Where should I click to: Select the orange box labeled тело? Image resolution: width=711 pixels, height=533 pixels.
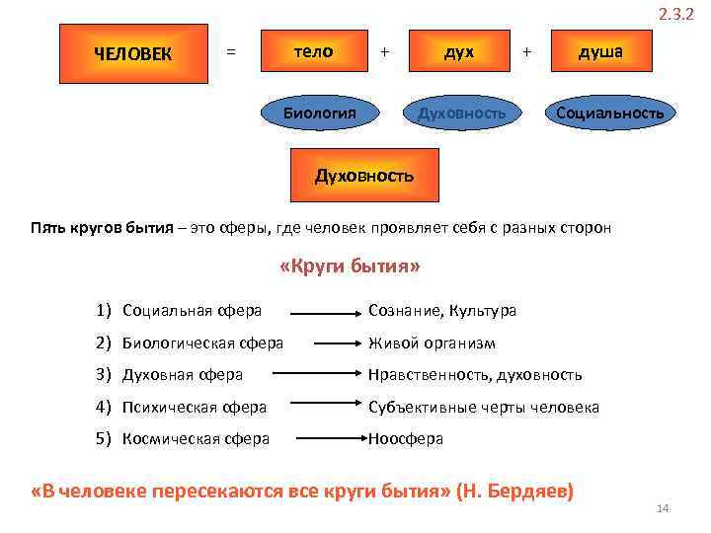click(x=315, y=51)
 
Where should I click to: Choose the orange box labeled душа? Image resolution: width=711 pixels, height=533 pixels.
click(x=600, y=51)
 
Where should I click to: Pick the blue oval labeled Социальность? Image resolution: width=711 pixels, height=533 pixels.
click(x=610, y=113)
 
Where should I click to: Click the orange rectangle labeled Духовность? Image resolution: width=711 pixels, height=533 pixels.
click(x=364, y=176)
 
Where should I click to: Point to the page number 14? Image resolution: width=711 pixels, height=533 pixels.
click(x=663, y=508)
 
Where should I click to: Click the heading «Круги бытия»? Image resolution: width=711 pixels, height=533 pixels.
click(x=350, y=267)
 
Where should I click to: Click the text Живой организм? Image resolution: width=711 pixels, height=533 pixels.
click(x=432, y=343)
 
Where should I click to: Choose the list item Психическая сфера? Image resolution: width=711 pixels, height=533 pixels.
click(x=194, y=407)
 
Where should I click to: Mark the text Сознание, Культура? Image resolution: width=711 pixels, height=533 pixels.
click(x=441, y=311)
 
